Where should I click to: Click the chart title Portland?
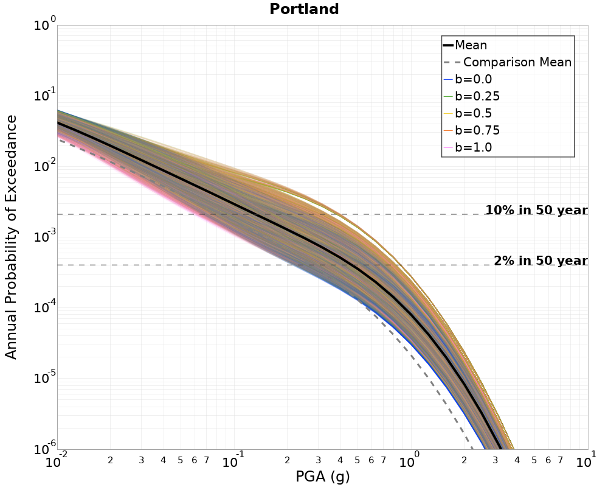tap(304, 9)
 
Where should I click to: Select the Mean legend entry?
tap(465, 45)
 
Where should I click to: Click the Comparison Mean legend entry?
tap(508, 62)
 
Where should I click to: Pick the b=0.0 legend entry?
tap(468, 79)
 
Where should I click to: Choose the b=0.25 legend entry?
tap(472, 96)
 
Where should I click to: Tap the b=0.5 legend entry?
tap(468, 113)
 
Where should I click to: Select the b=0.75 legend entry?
tap(472, 130)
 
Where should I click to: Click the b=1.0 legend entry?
tap(468, 147)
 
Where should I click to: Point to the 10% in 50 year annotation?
tap(537, 209)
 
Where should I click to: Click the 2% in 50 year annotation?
tap(541, 260)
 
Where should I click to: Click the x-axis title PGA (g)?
tap(323, 476)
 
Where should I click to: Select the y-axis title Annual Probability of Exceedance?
tap(11, 237)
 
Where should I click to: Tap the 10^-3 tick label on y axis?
tap(45, 235)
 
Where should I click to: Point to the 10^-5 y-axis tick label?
tap(45, 376)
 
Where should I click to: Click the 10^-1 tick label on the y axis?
tap(45, 94)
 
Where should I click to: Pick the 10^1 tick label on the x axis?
tap(586, 460)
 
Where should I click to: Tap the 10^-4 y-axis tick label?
tap(45, 306)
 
